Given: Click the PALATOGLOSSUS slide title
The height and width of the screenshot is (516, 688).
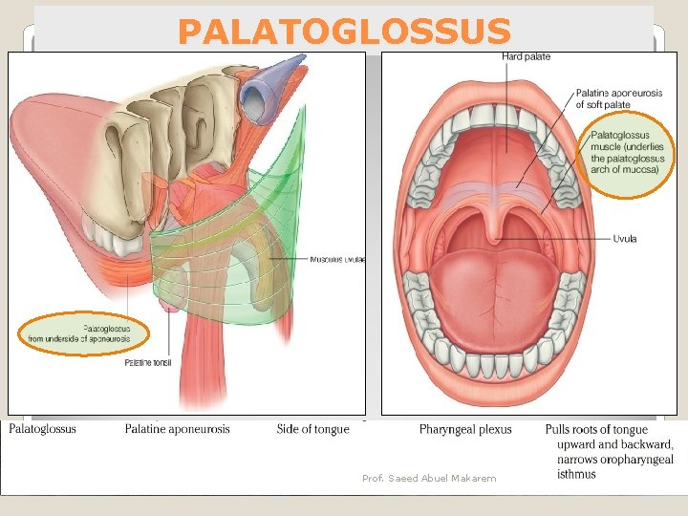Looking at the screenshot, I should point(344,32).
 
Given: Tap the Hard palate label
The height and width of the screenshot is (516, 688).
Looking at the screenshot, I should point(526,57).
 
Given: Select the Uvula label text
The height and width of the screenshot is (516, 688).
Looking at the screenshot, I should point(626,239).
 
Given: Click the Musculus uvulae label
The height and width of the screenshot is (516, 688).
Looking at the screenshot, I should point(336,259).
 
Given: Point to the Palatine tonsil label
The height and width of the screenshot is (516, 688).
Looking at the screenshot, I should point(148,363).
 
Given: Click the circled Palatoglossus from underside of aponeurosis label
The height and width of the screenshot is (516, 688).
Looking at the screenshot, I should point(86,333).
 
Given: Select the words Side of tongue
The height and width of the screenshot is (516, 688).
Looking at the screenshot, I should point(312,429).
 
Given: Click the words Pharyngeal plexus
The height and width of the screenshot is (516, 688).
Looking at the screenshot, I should point(465,430).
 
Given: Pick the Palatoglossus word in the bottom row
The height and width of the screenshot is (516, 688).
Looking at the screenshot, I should point(42,429).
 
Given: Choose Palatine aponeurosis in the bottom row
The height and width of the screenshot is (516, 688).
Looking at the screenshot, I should point(177,429).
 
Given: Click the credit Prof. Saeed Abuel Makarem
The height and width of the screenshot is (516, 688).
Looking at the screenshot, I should point(429,478).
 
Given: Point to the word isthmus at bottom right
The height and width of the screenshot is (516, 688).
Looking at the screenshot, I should point(576,474).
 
